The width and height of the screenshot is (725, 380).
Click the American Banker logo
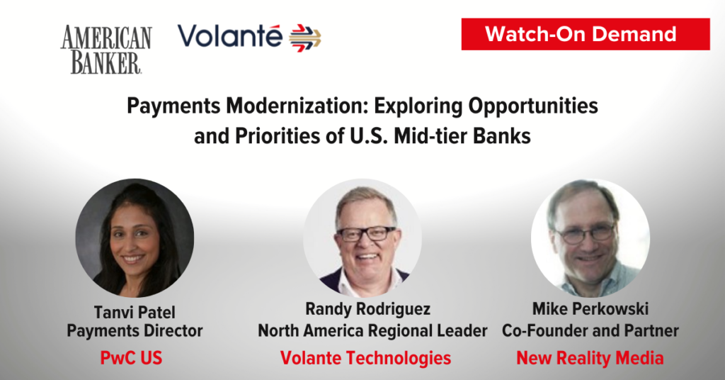[106, 50]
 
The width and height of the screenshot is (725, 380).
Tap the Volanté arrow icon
[305, 38]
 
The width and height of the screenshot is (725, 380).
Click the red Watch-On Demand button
[586, 34]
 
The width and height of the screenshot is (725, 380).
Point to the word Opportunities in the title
[533, 106]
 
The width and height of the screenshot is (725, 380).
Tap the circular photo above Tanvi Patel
[135, 238]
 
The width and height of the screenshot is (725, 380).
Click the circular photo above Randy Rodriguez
[362, 238]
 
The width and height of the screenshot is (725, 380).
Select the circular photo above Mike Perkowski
[590, 238]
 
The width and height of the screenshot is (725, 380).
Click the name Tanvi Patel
[135, 313]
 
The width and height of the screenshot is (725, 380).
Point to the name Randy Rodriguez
[367, 309]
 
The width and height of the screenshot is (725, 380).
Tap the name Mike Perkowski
[590, 308]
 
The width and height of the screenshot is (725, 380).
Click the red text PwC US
[131, 358]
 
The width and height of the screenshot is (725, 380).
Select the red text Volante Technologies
[366, 358]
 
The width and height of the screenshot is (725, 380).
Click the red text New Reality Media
[590, 358]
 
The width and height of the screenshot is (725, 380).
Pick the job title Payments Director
[135, 331]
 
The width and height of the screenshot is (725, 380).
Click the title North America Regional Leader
[372, 331]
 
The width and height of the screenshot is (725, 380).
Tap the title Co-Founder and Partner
[590, 330]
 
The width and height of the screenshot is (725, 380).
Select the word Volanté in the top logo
[230, 36]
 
